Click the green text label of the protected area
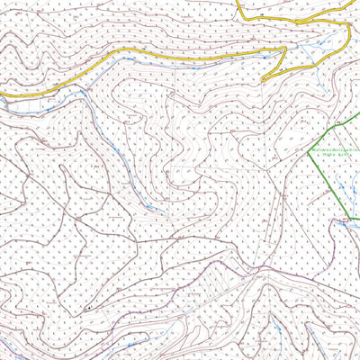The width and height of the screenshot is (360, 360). pyautogui.click(x=335, y=151)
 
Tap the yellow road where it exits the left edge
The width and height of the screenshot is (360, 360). pyautogui.click(x=1, y=93)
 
